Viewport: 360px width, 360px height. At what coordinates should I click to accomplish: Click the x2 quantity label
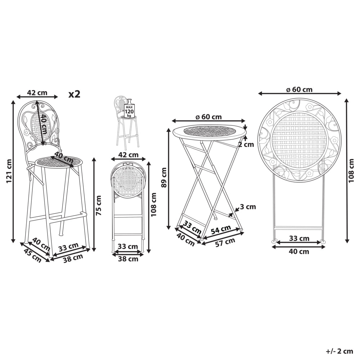point(75,94)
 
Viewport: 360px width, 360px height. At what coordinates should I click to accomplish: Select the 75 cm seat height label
point(98,205)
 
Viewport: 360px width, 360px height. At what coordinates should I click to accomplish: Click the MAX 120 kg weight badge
point(129,112)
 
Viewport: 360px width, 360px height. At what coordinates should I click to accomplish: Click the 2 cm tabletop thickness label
point(246,144)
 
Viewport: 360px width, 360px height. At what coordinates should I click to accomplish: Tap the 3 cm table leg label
point(248,207)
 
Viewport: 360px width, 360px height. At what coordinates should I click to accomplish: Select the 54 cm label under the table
point(221,230)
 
